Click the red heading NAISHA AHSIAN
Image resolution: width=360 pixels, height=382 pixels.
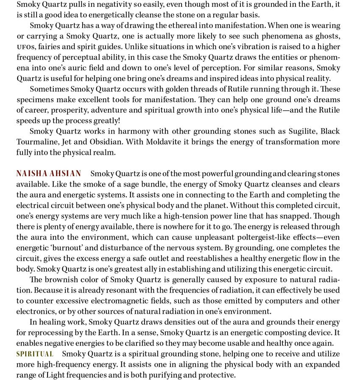48,173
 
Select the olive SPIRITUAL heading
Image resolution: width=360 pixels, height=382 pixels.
35,354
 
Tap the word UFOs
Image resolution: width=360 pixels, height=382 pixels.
25,47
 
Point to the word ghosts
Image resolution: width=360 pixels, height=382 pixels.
325,36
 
